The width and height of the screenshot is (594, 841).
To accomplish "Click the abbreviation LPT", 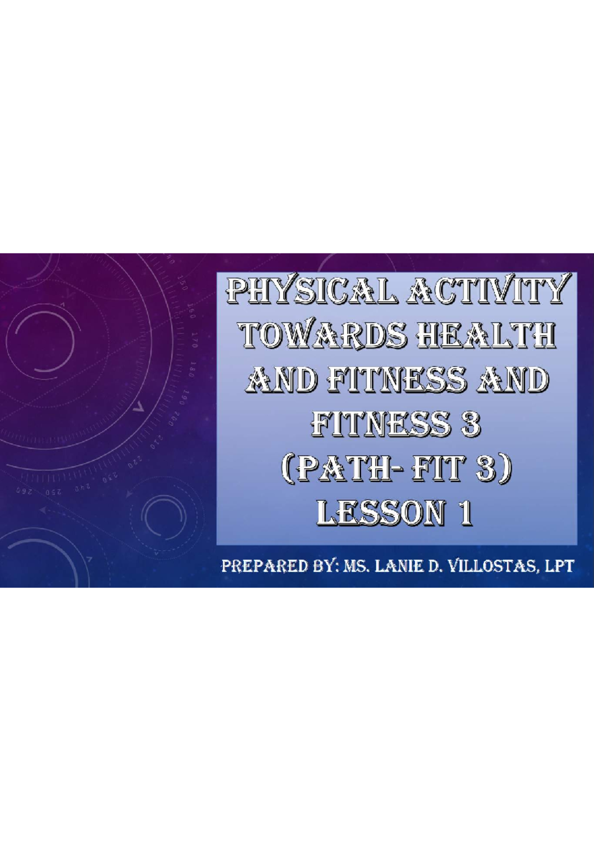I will (559, 566).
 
